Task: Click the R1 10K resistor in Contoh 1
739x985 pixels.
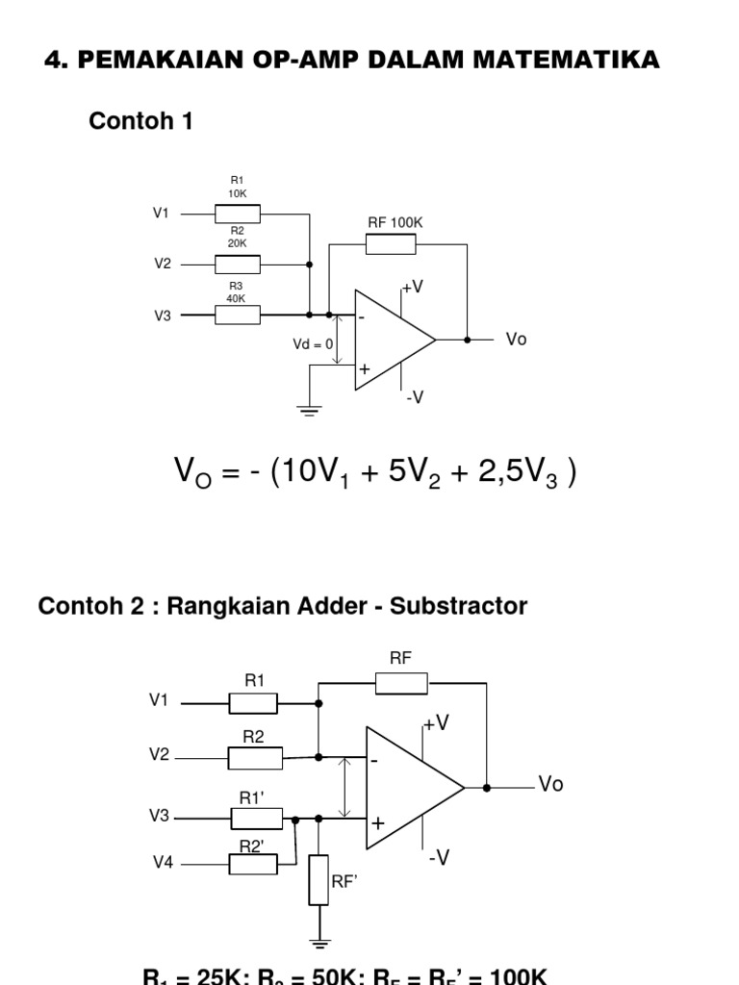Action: coord(237,214)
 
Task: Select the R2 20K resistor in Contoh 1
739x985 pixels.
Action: coord(237,264)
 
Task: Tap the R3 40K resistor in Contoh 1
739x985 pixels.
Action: coord(237,315)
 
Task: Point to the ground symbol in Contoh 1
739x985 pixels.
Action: coord(309,410)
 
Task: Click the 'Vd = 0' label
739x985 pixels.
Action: coord(313,343)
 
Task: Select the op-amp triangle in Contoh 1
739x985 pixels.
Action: coord(390,340)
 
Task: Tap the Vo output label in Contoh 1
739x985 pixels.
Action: coord(517,341)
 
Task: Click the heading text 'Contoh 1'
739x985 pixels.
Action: coord(140,121)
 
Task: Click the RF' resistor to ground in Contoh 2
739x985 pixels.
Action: coord(319,879)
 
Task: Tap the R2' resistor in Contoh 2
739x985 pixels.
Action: coord(253,864)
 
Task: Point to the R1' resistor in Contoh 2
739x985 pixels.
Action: coord(256,818)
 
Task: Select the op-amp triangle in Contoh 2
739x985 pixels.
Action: coord(408,788)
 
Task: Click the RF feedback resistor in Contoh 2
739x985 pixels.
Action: coord(401,683)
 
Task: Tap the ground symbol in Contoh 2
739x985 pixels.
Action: coord(319,943)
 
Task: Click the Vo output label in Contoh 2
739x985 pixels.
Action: coord(550,785)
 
